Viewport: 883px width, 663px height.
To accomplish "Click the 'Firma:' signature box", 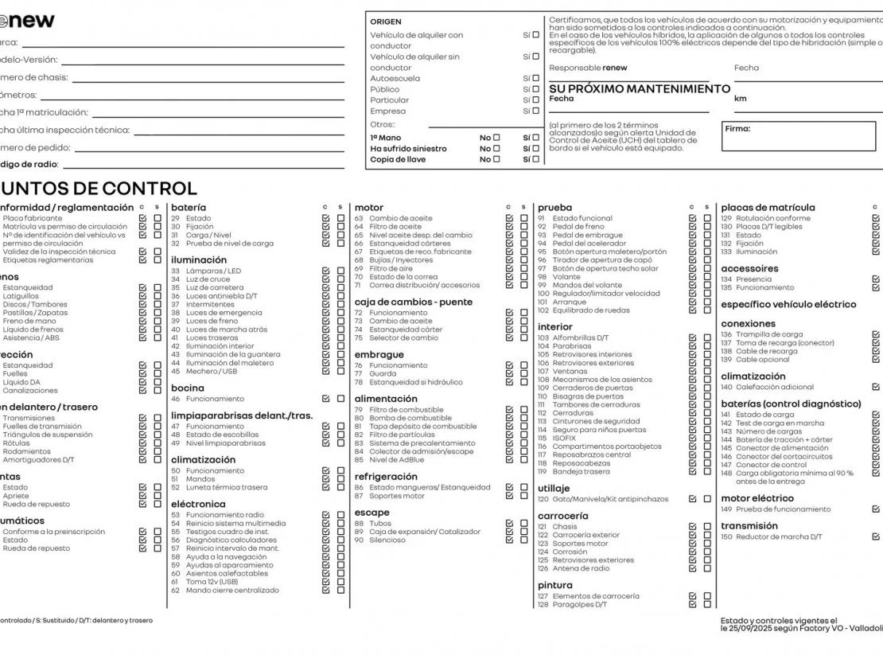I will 799,136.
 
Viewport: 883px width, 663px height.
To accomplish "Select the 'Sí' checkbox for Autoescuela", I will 538,79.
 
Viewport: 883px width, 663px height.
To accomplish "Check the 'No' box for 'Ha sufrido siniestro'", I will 497,149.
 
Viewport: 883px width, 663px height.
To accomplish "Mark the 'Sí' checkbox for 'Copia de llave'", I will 538,159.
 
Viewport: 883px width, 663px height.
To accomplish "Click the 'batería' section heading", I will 189,207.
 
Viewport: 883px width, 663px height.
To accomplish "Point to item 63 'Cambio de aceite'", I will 401,218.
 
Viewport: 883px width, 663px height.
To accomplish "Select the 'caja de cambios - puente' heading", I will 413,302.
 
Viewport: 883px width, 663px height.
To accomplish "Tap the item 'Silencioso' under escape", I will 387,540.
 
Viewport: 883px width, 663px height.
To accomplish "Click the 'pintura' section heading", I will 555,585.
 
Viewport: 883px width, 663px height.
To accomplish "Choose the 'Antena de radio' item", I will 582,568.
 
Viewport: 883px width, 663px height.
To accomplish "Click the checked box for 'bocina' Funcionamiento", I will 326,398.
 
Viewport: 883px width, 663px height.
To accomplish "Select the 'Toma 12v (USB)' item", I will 212,582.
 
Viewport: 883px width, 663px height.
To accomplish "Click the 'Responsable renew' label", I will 588,68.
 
